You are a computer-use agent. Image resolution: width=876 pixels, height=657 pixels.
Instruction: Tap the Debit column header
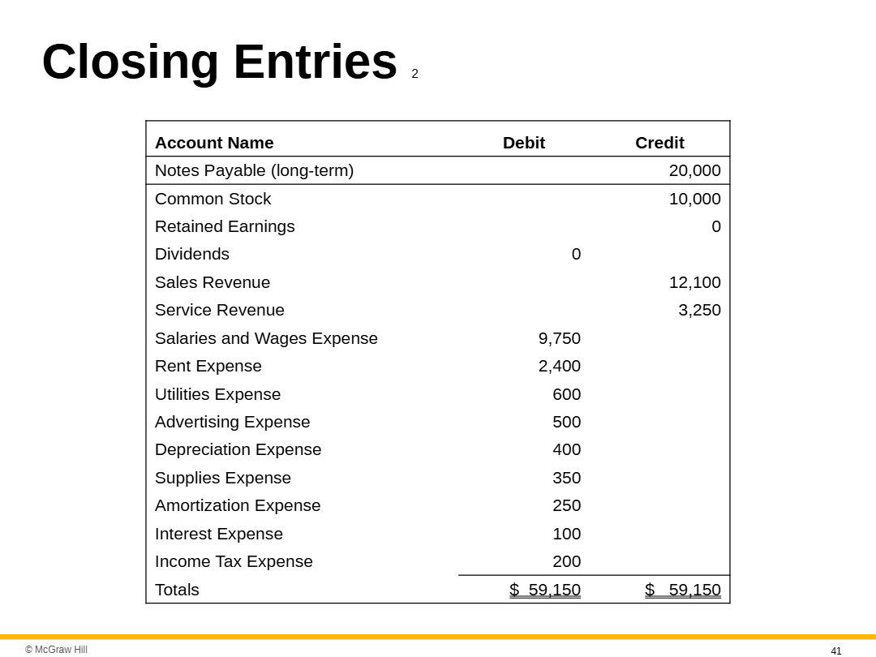click(524, 143)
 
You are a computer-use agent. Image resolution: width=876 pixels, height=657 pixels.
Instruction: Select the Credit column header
click(659, 143)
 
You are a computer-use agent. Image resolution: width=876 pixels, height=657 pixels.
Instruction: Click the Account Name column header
click(214, 143)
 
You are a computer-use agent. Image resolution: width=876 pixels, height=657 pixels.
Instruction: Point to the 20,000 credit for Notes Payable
click(694, 170)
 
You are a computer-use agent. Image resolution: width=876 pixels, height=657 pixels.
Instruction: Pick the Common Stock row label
click(213, 199)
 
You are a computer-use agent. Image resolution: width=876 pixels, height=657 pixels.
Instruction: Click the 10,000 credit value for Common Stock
click(694, 199)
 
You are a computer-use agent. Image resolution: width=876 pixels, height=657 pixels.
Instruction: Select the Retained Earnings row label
click(225, 226)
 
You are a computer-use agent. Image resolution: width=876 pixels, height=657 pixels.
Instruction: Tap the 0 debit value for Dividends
click(576, 254)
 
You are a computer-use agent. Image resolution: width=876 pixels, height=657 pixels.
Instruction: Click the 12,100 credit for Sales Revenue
click(694, 282)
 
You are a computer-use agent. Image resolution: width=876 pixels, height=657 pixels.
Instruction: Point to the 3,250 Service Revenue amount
click(699, 310)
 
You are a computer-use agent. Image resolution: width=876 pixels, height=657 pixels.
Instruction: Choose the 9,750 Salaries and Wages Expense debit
click(560, 338)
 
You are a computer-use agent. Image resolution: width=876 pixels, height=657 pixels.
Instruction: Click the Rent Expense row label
click(208, 366)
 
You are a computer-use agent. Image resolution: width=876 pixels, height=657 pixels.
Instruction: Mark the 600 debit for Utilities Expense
click(567, 394)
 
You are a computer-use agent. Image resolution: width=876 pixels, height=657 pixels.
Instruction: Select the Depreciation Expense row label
click(238, 449)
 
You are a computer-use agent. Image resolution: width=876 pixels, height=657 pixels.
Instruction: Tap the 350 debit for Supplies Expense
click(567, 478)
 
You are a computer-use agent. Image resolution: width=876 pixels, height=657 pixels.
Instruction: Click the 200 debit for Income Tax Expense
click(567, 561)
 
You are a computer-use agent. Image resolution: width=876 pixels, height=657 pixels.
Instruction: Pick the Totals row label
click(177, 590)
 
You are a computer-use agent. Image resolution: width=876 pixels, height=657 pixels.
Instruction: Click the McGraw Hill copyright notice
click(56, 650)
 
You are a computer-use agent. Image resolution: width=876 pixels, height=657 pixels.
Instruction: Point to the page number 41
click(836, 651)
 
